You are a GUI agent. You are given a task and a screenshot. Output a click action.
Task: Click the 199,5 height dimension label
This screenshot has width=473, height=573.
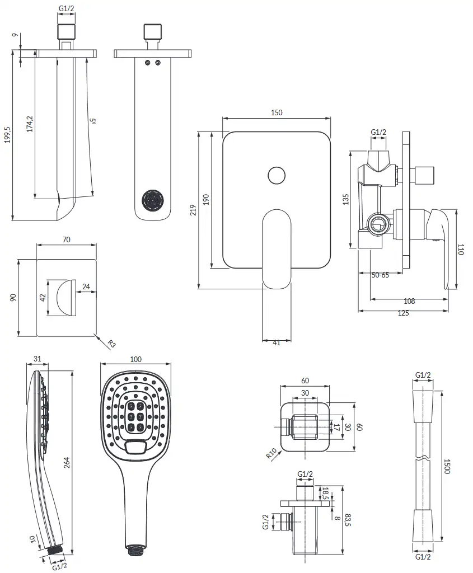tap(8, 134)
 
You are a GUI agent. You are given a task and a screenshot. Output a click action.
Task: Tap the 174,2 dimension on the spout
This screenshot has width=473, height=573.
tap(30, 124)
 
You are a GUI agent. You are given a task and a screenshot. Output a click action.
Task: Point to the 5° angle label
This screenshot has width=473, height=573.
tap(93, 121)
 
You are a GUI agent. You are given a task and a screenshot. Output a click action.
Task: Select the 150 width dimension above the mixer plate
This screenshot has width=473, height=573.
tap(277, 112)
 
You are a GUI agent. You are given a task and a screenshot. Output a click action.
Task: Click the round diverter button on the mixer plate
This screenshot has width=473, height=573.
tap(277, 175)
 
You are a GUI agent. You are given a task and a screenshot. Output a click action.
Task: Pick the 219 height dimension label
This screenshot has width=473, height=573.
tap(193, 210)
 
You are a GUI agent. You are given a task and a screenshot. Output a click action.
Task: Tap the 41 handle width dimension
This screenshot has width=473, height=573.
tap(277, 342)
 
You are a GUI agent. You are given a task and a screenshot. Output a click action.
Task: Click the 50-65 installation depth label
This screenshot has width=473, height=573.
tap(380, 275)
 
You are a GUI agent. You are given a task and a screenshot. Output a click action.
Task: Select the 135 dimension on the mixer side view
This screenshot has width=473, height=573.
tap(346, 199)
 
